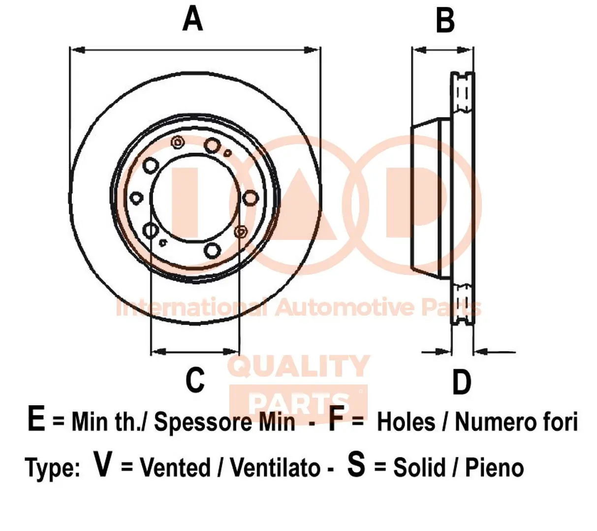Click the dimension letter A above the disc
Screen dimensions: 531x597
point(192,20)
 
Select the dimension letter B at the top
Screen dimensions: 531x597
point(445,21)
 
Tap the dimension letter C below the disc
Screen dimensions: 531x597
point(195,380)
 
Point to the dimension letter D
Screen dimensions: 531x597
point(461,382)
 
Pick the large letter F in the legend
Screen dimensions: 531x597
point(336,420)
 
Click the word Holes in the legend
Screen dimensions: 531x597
point(406,422)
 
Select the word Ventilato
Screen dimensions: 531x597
point(275,467)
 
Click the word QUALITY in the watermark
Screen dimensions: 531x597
point(299,366)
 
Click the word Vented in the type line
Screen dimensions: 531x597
point(175,467)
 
